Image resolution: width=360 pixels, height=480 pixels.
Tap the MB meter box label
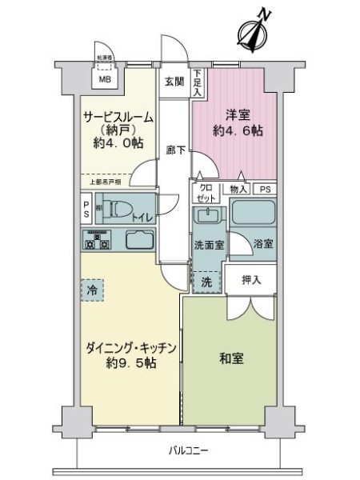(105, 80)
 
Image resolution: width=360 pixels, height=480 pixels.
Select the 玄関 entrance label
(175, 80)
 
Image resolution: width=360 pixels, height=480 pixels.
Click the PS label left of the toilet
(86, 209)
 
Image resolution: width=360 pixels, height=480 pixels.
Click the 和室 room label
(233, 359)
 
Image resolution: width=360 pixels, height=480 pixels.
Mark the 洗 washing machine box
(206, 282)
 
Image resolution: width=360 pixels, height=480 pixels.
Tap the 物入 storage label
(238, 190)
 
